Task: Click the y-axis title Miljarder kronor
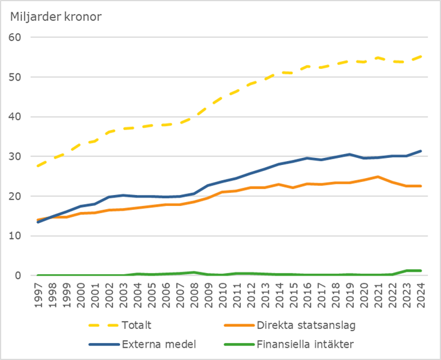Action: (55, 16)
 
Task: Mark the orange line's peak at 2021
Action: (378, 177)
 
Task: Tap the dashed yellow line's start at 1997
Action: (39, 166)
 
